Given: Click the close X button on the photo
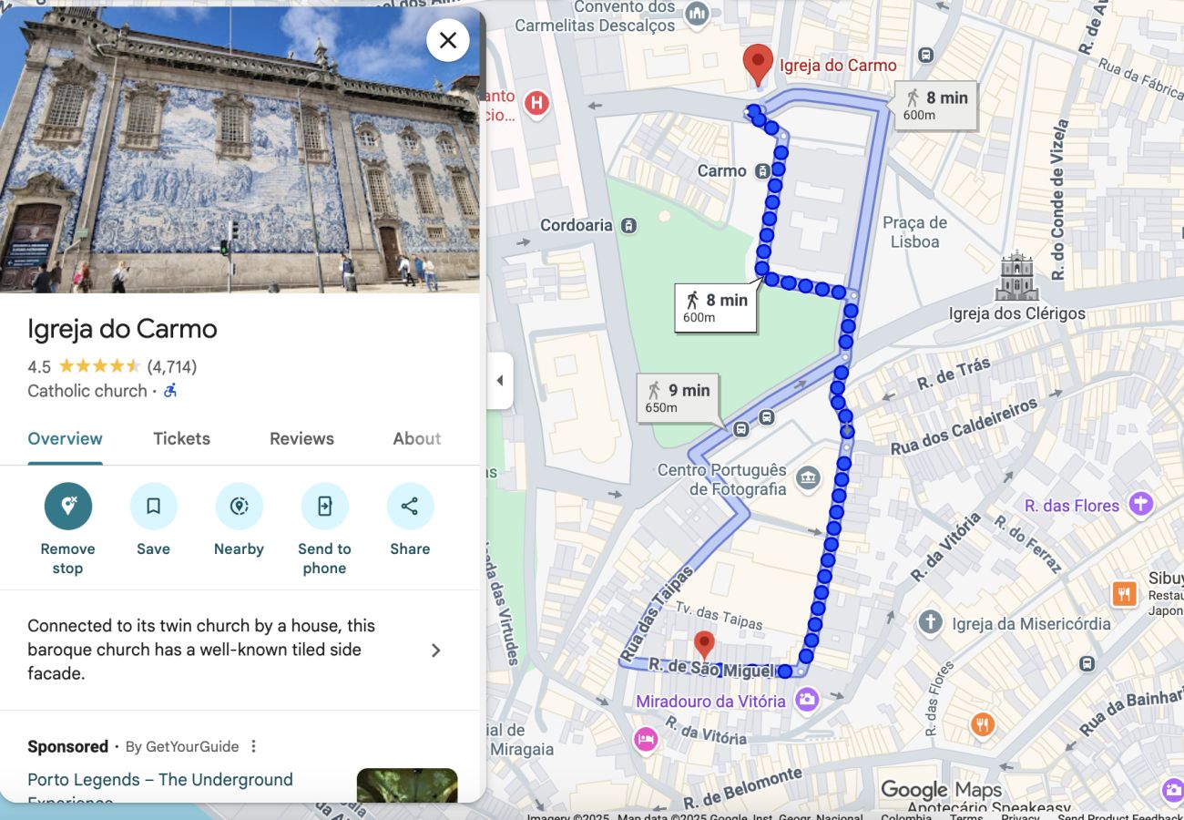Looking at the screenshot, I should pyautogui.click(x=447, y=40).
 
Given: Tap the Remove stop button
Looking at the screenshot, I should pyautogui.click(x=68, y=507).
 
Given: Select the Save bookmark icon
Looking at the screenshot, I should pyautogui.click(x=153, y=507).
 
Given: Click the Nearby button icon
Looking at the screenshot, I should pyautogui.click(x=239, y=507).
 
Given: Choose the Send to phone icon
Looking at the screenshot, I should pyautogui.click(x=324, y=507).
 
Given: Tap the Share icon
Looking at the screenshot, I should pyautogui.click(x=410, y=507).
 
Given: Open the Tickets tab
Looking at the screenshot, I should pyautogui.click(x=181, y=438).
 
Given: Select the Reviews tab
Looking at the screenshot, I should pyautogui.click(x=301, y=438).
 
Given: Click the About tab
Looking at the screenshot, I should pyautogui.click(x=416, y=438).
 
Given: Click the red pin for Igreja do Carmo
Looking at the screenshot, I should pyautogui.click(x=758, y=64).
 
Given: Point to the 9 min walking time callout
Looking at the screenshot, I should pyautogui.click(x=678, y=398).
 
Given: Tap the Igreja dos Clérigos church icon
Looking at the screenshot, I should pyautogui.click(x=1016, y=277).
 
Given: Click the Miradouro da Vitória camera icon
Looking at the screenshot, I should pyautogui.click(x=806, y=700).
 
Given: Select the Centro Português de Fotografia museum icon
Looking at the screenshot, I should pyautogui.click(x=807, y=477).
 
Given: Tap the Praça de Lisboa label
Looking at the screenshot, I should pyautogui.click(x=914, y=232).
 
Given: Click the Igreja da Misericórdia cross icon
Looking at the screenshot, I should pyautogui.click(x=929, y=623).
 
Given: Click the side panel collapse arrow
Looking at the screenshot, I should pyautogui.click(x=499, y=381).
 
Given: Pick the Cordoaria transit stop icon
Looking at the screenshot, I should pyautogui.click(x=628, y=225).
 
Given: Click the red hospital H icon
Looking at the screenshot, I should pyautogui.click(x=536, y=103).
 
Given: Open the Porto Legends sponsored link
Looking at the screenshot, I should pyautogui.click(x=160, y=780).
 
